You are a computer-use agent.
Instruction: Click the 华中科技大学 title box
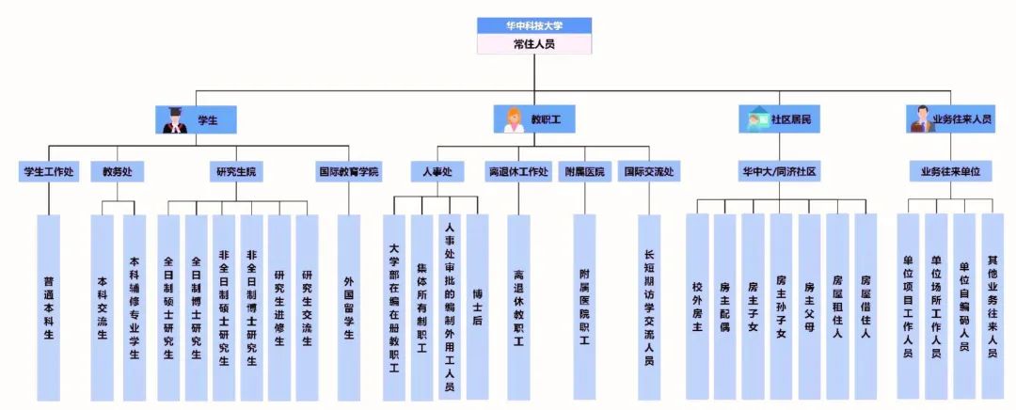pos(534,25)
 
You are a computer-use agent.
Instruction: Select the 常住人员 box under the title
pos(534,43)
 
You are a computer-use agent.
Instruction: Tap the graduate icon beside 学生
pos(173,119)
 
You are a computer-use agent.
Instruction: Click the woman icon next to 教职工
pos(514,119)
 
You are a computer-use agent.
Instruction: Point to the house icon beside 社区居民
pos(757,119)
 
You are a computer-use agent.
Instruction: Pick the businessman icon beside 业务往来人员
pos(920,119)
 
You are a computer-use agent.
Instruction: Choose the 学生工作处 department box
pos(48,172)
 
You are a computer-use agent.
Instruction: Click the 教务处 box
pos(118,172)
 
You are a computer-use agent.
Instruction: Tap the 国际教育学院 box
pos(349,172)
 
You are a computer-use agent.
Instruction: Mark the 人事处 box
pos(437,172)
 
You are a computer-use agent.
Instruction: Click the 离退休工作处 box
pos(518,172)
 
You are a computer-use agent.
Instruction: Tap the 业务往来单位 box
pos(950,172)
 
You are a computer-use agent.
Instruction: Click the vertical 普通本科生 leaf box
pos(48,307)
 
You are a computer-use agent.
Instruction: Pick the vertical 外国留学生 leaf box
pos(349,307)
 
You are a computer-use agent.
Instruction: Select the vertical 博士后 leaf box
pos(477,307)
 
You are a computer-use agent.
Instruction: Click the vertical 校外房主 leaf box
pos(697,307)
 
